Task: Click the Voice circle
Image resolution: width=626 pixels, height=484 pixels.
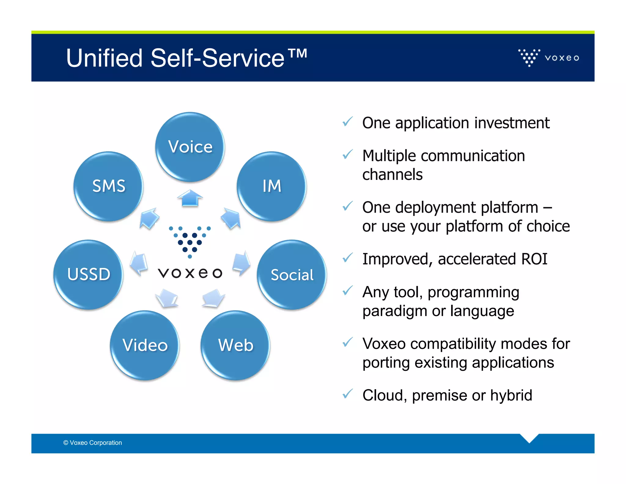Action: pyautogui.click(x=190, y=147)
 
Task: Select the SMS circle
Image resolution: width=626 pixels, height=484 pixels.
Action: pyautogui.click(x=109, y=186)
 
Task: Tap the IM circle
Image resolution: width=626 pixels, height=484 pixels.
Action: pyautogui.click(x=271, y=186)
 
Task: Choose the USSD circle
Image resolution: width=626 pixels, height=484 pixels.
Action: pyautogui.click(x=88, y=274)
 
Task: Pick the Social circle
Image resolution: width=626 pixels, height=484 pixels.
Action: pyautogui.click(x=292, y=274)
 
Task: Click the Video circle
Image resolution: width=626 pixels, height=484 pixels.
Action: pyautogui.click(x=145, y=345)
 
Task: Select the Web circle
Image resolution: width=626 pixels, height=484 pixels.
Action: pyautogui.click(x=235, y=345)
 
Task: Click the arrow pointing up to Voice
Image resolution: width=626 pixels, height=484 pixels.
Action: pyautogui.click(x=190, y=198)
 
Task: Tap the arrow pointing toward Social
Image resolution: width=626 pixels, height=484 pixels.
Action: pyautogui.click(x=241, y=262)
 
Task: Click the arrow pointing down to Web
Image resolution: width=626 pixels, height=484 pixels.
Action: pyautogui.click(x=213, y=297)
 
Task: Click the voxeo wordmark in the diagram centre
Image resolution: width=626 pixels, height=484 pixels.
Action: pyautogui.click(x=190, y=273)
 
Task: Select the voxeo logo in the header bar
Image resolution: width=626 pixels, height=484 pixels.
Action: pyautogui.click(x=549, y=58)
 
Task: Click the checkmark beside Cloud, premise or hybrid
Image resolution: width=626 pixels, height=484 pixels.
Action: pyautogui.click(x=348, y=394)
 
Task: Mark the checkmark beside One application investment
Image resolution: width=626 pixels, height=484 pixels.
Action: pyautogui.click(x=348, y=121)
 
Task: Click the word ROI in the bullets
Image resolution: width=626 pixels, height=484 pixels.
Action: pyautogui.click(x=534, y=259)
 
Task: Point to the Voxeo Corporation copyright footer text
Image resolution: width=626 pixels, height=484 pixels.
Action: pyautogui.click(x=93, y=443)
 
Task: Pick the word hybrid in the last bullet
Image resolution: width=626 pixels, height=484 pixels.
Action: pyautogui.click(x=511, y=395)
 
